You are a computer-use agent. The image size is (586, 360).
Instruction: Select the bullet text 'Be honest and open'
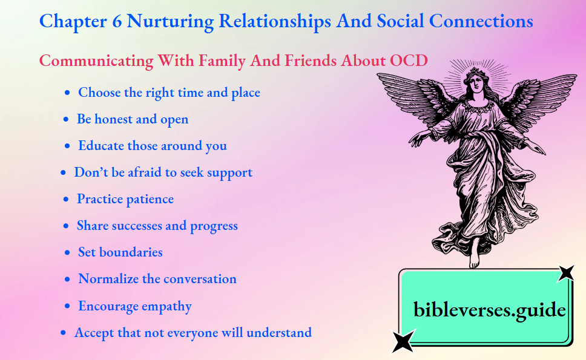[133, 119]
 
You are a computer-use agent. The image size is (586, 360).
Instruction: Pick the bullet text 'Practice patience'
[125, 199]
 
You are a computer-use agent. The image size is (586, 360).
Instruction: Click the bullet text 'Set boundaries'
[120, 252]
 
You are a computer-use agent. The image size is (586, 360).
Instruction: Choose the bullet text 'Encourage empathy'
[135, 306]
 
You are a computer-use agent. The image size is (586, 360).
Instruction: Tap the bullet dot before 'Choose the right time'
[67, 93]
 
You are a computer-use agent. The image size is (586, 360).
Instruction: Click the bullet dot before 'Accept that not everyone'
[64, 333]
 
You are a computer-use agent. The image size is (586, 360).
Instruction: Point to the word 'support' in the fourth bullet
[229, 172]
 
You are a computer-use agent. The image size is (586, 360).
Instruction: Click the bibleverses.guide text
[489, 310]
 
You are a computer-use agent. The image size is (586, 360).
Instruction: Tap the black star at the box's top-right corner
[565, 273]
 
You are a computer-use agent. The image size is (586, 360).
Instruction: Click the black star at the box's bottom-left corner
[403, 341]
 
